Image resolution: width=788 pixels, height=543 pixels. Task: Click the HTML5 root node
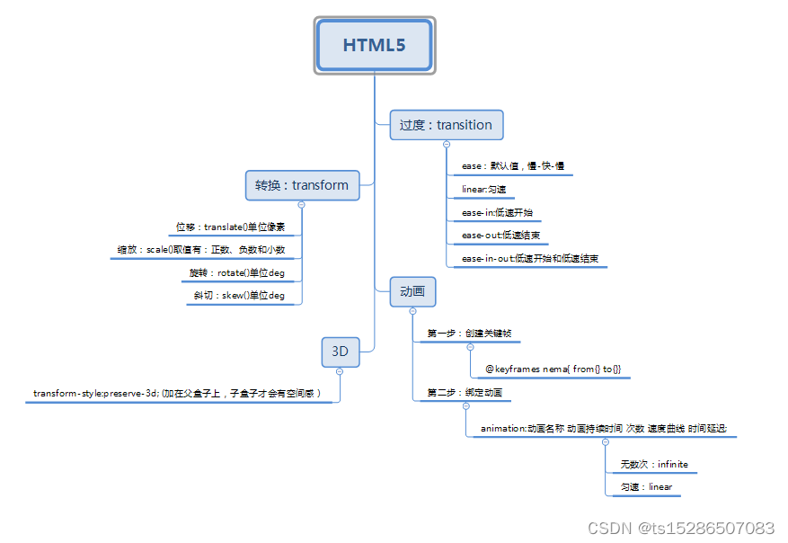coord(375,45)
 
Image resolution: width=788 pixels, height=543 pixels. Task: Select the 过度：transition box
coord(446,125)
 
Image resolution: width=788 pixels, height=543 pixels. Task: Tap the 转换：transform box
coord(302,185)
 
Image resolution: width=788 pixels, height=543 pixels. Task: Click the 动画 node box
coord(412,291)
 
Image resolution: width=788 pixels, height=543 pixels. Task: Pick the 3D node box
coord(341,352)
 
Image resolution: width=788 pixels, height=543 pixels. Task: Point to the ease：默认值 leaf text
coord(512,166)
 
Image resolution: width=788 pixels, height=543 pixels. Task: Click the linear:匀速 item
coord(483,190)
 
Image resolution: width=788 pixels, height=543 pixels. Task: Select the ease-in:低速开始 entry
coord(500,213)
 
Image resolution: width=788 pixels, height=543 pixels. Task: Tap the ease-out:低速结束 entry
coord(500,236)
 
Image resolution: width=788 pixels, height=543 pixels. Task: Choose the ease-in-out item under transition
coord(529,259)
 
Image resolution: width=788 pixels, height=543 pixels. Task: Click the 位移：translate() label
coord(230,227)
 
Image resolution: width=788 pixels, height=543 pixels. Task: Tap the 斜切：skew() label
coord(239,296)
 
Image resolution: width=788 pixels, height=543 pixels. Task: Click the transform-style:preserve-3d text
coord(177,394)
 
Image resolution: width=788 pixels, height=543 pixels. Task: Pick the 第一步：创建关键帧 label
coord(469,334)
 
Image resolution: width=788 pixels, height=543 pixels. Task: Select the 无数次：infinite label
coord(653,465)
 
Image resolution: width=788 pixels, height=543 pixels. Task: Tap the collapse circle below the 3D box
coord(340,371)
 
